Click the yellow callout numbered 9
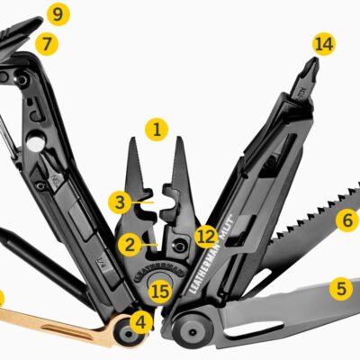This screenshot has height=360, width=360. [58, 14]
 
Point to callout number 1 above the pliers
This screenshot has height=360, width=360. [158, 130]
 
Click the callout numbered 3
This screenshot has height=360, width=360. [120, 201]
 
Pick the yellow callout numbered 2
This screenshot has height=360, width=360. [130, 243]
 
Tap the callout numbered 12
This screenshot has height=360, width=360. [207, 237]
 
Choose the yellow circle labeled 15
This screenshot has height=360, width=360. [159, 291]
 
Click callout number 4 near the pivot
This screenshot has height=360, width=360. [140, 319]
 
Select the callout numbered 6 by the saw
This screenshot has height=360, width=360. [346, 219]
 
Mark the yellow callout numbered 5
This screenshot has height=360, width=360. [340, 289]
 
